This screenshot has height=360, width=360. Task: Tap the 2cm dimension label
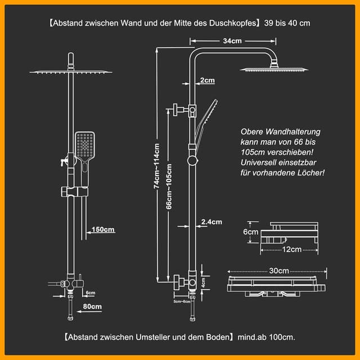coord(207,80)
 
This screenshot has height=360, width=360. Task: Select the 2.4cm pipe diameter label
coord(211,222)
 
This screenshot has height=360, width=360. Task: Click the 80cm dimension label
coord(92,307)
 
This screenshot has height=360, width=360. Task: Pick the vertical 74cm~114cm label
coord(157,166)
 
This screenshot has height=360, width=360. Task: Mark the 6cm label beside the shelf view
coord(250,232)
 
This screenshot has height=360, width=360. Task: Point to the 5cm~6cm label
coord(182,302)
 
